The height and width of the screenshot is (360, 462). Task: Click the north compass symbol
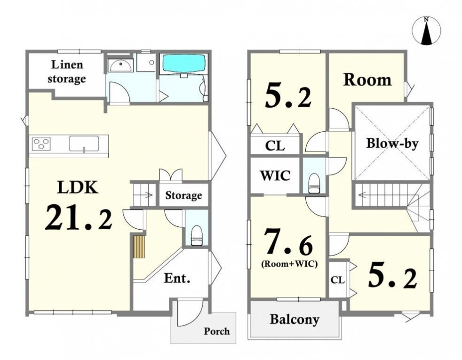click(427, 31)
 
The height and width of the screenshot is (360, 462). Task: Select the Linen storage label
click(67, 72)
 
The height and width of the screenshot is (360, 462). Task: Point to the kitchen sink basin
click(84, 144)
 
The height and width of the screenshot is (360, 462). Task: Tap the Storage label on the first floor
click(183, 195)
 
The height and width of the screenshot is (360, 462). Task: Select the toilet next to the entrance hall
click(196, 236)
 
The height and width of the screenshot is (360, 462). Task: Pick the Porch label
click(217, 331)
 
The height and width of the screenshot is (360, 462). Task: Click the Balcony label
click(295, 320)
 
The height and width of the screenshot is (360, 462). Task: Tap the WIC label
click(275, 176)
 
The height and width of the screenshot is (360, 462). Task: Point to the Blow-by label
click(392, 144)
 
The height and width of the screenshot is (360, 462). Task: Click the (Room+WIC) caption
click(289, 264)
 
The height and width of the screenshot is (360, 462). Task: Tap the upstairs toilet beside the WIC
click(314, 183)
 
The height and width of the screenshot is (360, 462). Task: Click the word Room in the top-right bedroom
click(367, 80)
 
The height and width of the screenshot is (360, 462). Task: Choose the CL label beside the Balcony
click(338, 280)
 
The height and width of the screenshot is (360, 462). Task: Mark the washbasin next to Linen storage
click(121, 65)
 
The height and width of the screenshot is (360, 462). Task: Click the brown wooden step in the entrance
click(139, 247)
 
